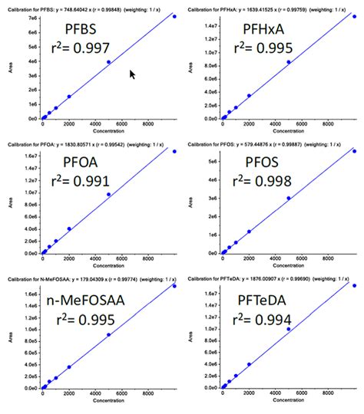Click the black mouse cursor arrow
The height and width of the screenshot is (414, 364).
click(132, 74)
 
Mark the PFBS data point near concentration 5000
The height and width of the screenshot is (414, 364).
click(108, 62)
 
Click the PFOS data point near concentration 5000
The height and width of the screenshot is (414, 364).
click(288, 198)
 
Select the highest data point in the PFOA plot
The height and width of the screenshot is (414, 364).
click(174, 151)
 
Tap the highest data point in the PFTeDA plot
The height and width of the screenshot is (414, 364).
click(354, 285)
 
